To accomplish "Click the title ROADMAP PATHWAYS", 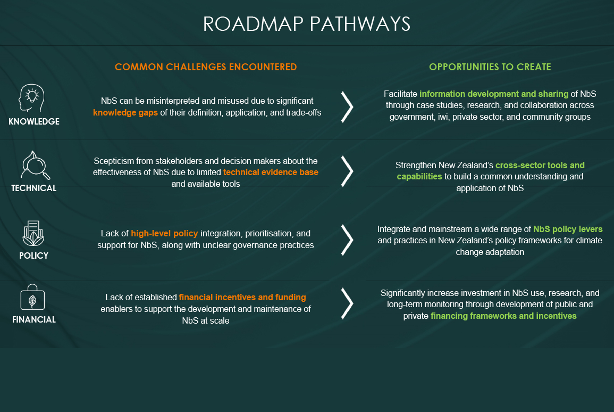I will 307,24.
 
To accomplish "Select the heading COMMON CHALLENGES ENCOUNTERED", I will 206,67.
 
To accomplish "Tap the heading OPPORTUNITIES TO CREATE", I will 490,67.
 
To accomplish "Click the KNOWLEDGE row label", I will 34,121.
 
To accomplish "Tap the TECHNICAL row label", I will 34,188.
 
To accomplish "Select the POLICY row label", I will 33,256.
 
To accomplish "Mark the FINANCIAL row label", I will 34,320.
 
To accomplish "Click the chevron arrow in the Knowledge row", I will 347,106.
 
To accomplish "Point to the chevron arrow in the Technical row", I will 347,171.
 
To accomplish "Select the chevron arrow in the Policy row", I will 347,239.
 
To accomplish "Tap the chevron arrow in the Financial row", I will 347,303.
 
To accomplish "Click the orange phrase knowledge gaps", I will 125,113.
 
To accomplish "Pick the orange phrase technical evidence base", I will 271,172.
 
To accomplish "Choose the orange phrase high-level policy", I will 164,234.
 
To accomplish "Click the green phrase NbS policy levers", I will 568,229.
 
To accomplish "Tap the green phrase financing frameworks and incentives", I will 503,316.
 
